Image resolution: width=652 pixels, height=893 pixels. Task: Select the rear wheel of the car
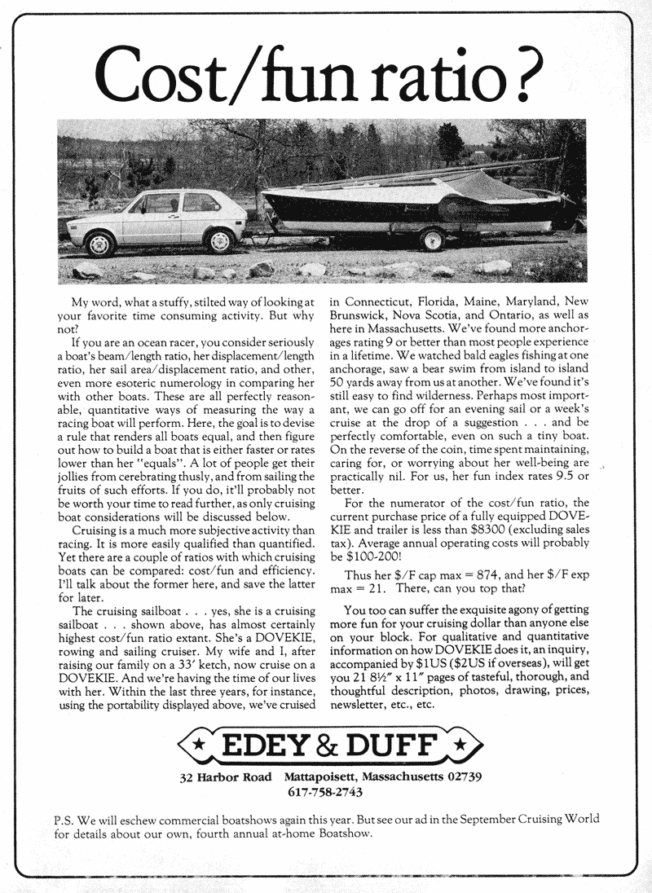[220, 240]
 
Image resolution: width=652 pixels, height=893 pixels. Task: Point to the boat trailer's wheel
[431, 239]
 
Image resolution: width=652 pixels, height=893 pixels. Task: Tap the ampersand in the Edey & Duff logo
[337, 745]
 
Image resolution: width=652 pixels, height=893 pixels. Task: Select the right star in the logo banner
[462, 745]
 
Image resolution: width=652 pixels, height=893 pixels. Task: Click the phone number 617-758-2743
[325, 791]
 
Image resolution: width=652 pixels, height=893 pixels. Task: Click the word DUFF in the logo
[400, 745]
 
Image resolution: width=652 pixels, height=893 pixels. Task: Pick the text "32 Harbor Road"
[226, 776]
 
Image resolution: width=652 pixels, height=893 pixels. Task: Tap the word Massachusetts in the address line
[405, 776]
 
